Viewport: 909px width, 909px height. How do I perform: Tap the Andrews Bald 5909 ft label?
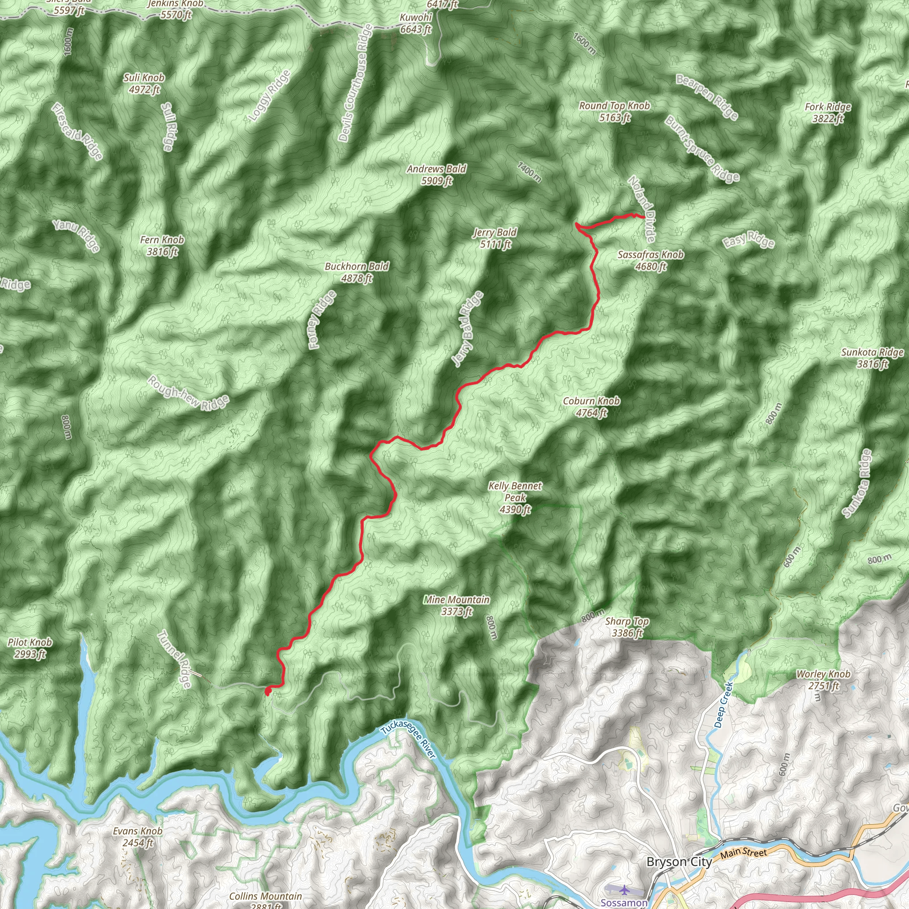[x=437, y=174]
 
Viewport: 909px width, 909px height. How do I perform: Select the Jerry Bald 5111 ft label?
[x=495, y=238]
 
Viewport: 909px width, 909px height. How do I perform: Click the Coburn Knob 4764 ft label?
[x=591, y=407]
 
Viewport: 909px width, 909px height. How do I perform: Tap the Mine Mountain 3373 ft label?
[x=456, y=605]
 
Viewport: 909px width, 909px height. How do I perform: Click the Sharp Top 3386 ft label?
[x=627, y=627]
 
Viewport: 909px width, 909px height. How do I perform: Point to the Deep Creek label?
[x=723, y=704]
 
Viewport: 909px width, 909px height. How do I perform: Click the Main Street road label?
[x=743, y=852]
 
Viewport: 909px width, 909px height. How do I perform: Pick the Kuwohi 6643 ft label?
[x=415, y=24]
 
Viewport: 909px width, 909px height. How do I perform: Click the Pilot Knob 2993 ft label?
[x=30, y=648]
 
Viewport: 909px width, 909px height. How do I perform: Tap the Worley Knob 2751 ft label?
[x=823, y=680]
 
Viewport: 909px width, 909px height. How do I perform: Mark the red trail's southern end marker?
[x=268, y=691]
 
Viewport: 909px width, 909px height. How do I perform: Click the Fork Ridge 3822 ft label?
[x=828, y=112]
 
